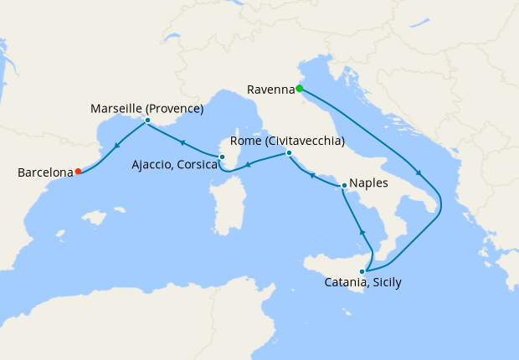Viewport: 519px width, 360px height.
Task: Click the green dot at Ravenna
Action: pyautogui.click(x=299, y=88)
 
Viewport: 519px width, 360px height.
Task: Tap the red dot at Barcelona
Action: pyautogui.click(x=78, y=172)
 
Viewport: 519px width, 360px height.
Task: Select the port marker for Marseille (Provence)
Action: pyautogui.click(x=147, y=121)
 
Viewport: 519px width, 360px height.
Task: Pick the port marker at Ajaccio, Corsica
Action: pyautogui.click(x=222, y=157)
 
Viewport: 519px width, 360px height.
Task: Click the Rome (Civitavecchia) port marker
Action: pyautogui.click(x=289, y=153)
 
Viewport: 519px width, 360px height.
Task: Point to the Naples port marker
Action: pyautogui.click(x=344, y=185)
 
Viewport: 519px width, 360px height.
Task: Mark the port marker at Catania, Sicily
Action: pyautogui.click(x=362, y=271)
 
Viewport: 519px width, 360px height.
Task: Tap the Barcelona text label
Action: pyautogui.click(x=45, y=173)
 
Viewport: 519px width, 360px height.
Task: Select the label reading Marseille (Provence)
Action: pyautogui.click(x=147, y=108)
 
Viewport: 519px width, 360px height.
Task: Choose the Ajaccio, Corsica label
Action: pyautogui.click(x=175, y=166)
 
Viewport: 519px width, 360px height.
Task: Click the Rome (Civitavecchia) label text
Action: pyautogui.click(x=287, y=141)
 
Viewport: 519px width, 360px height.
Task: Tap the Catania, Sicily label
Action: pyautogui.click(x=362, y=283)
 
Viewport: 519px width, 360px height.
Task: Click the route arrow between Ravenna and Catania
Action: pyautogui.click(x=418, y=173)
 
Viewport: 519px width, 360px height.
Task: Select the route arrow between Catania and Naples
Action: pyautogui.click(x=363, y=231)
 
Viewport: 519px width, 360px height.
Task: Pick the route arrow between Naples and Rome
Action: pyautogui.click(x=311, y=176)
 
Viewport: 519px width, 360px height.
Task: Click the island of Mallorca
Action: pyautogui.click(x=99, y=219)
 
